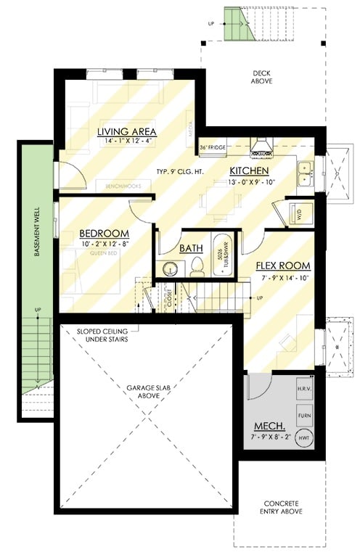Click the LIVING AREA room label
pos(128,131)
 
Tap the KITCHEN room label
pos(250,170)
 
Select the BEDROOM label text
pos(104,233)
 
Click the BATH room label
pos(192,247)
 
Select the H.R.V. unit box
pos(304,389)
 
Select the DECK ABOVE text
pos(262,77)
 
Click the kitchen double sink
pos(305,171)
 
